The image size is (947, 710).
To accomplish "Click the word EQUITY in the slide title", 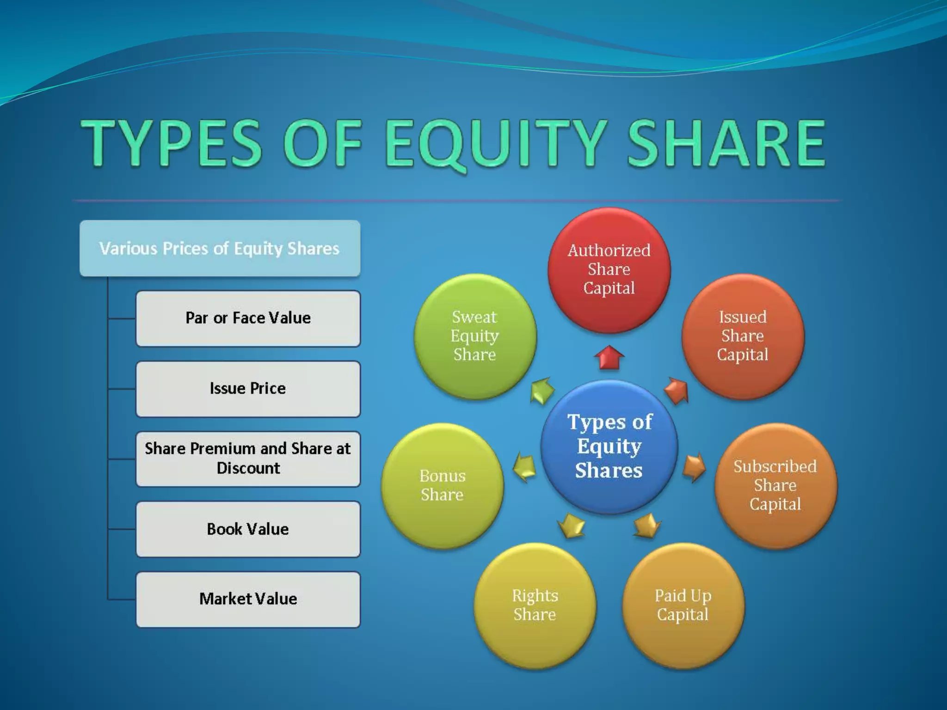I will click(x=495, y=143).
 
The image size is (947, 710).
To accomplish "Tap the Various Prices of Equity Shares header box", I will click(x=220, y=248).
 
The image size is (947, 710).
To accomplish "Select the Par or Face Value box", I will click(x=248, y=318).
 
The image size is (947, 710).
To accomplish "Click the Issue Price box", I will click(x=248, y=389).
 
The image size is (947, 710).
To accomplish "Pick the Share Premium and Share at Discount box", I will click(x=248, y=459).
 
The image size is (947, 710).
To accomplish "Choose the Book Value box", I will click(x=248, y=529).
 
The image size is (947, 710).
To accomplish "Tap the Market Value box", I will click(x=248, y=599).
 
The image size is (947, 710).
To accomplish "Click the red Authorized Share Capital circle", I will click(x=609, y=269).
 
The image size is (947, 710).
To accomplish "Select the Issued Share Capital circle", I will click(x=742, y=336).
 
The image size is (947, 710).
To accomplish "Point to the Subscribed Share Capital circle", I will click(x=775, y=485).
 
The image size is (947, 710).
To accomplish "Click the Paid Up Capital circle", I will click(x=683, y=605).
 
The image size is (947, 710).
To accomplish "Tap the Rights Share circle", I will click(x=535, y=605).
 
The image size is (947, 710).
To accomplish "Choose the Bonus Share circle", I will click(x=442, y=485).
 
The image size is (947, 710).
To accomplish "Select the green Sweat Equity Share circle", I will click(x=474, y=336).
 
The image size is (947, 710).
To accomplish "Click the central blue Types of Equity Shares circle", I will click(x=609, y=446).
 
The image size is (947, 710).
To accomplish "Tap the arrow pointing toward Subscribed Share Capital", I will click(x=694, y=467).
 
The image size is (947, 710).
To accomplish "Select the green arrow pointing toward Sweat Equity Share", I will click(x=542, y=391).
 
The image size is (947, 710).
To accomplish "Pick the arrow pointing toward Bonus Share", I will click(x=525, y=467).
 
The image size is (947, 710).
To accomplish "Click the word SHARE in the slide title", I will click(x=726, y=143).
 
